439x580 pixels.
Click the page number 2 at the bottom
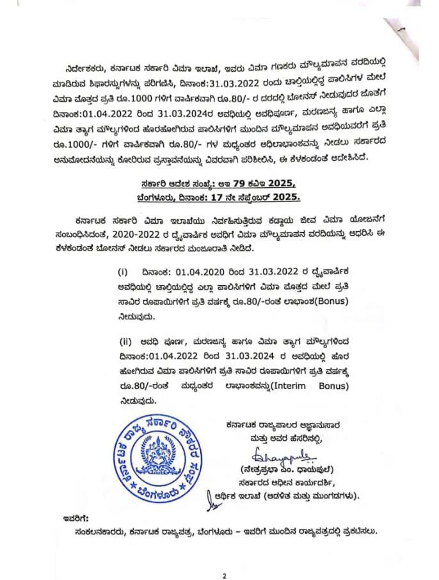tap(224, 558)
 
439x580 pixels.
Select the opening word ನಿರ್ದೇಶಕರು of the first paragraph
tap(88, 68)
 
